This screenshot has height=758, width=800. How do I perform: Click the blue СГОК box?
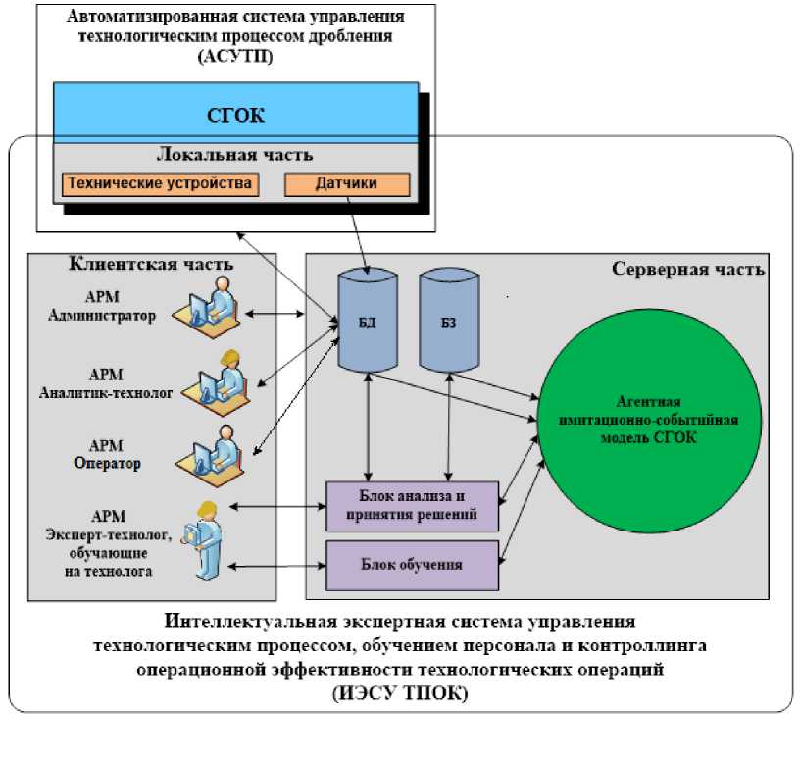click(x=235, y=116)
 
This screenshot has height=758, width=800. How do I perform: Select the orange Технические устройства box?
click(x=160, y=183)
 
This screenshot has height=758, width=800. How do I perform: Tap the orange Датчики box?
click(x=346, y=183)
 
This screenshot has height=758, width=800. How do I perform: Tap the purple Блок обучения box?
click(x=412, y=565)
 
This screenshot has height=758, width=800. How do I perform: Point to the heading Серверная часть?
click(x=688, y=269)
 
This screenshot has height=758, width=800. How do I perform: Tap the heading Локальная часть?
click(x=235, y=155)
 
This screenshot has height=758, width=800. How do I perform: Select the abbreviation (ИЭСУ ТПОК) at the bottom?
click(x=400, y=694)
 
